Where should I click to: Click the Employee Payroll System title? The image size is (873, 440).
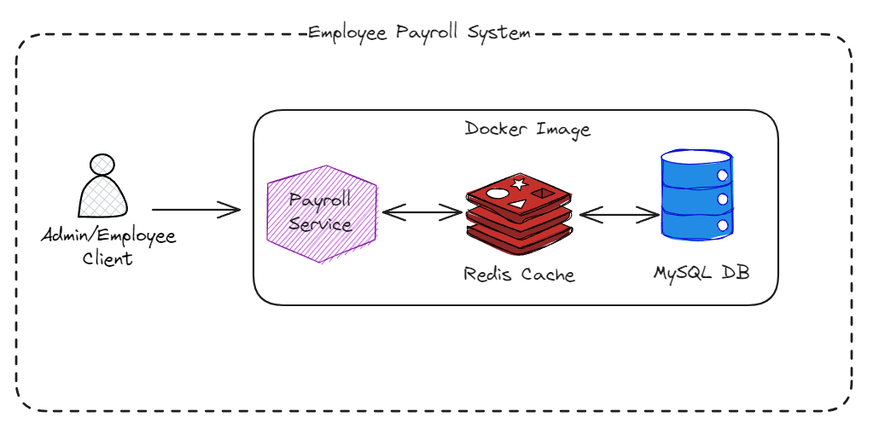point(419,33)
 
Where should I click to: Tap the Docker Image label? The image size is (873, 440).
point(527,130)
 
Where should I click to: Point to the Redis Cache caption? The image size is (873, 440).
point(519,275)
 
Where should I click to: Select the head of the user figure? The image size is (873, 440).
point(102,164)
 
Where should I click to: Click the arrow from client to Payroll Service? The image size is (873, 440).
point(195,209)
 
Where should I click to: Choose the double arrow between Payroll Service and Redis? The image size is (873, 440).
point(422,211)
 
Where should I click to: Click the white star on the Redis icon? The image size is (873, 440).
point(517,183)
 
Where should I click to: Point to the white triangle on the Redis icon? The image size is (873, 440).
point(517,206)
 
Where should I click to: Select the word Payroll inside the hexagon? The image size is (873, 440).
point(321,202)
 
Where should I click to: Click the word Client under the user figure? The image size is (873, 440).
point(108,258)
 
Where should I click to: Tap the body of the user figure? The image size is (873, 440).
point(103,198)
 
